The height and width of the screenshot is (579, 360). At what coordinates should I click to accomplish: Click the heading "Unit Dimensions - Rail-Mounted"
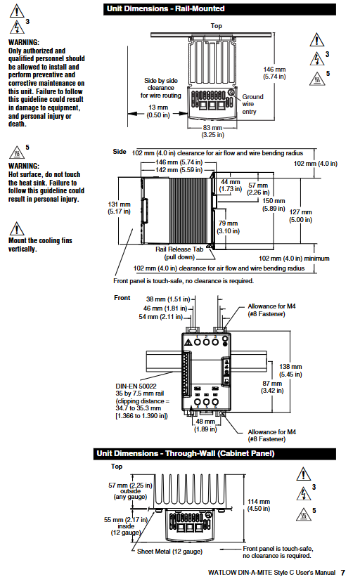point(165,9)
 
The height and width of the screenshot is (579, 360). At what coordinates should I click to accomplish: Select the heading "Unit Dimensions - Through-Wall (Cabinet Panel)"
point(186,453)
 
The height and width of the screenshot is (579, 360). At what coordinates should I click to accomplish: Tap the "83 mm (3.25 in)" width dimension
point(213,131)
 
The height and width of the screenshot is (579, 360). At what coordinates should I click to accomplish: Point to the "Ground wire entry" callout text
point(253,104)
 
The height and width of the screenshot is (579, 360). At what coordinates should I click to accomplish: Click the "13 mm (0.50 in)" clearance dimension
point(158,111)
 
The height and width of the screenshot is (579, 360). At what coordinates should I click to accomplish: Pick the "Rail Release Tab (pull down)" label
point(179,253)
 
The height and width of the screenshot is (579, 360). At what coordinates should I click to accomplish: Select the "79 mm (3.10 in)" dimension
point(229,227)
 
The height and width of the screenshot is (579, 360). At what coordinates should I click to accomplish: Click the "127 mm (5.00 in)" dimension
point(300,216)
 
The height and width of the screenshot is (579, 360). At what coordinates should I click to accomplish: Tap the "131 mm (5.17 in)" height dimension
point(119,208)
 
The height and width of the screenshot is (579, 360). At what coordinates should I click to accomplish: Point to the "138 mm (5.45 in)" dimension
point(290,370)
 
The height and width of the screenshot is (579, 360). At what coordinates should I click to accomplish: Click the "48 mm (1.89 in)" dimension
point(205,425)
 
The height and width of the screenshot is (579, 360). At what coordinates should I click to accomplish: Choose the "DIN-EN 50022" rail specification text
point(136,386)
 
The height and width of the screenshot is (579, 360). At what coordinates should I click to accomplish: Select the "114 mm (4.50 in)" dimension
point(259,505)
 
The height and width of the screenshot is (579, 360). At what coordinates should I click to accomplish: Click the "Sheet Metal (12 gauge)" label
point(169,552)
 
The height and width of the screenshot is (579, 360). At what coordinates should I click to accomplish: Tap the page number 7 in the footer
point(343,573)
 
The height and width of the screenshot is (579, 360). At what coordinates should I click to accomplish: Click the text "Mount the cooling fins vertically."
point(40,245)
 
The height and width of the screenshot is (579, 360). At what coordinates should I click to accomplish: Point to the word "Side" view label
point(120,151)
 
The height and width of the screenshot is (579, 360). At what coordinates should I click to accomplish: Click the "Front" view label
point(122,298)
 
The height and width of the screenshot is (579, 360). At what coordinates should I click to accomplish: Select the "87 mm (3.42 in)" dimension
point(272,387)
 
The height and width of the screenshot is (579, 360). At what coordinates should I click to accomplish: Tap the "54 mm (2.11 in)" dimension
point(161,317)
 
